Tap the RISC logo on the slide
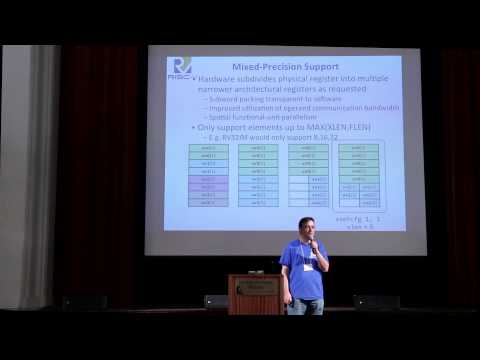tap(181, 67)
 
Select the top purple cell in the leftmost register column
tap(208, 180)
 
